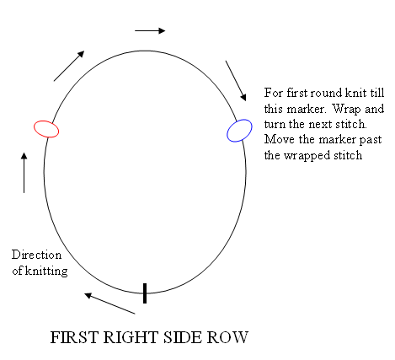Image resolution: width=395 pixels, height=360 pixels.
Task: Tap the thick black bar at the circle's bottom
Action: coord(145,293)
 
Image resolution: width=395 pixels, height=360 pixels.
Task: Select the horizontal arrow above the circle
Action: coord(150,30)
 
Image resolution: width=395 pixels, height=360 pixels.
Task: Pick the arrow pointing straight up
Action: coord(24,173)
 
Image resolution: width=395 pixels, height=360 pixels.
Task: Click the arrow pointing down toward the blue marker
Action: coord(236,81)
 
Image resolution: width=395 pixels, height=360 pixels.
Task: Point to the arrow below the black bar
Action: coord(109,304)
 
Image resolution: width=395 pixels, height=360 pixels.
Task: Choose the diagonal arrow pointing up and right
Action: coord(69,66)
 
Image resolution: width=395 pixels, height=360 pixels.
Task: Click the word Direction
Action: coord(36,255)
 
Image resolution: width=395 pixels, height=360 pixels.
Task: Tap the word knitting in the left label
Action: coord(46,271)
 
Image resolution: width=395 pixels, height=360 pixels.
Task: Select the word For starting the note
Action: coord(274,93)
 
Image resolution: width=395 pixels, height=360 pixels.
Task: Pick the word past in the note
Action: coord(371,140)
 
